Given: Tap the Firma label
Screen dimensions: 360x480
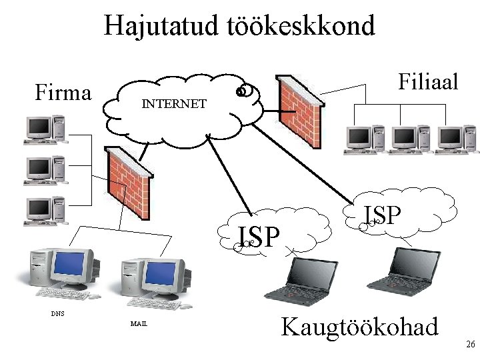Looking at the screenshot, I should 63,92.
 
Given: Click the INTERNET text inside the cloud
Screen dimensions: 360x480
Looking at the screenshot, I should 173,105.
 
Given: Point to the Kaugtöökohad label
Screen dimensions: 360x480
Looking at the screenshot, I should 360,327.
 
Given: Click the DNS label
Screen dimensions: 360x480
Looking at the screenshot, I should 58,313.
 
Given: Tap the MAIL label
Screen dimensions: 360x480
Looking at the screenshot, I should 139,324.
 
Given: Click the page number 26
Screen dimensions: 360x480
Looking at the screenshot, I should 470,344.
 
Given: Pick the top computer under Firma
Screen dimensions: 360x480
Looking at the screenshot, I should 45,129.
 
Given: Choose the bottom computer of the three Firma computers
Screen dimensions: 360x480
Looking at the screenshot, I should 45,210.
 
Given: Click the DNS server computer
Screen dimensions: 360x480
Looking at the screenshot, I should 60,273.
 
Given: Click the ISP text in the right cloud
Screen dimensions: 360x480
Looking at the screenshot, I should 383,215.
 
